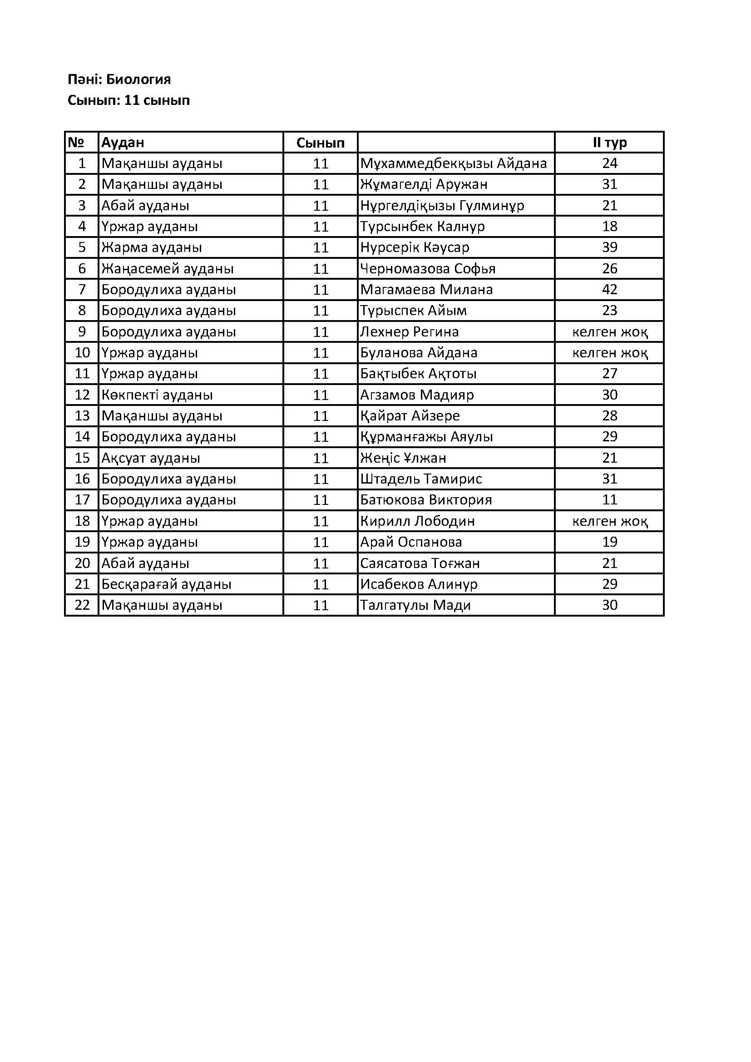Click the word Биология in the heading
138,79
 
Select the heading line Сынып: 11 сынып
128,100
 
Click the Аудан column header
123,143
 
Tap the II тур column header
609,143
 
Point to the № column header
76,143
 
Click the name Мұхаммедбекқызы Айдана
453,163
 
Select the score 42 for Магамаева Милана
609,290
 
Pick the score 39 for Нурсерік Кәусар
609,247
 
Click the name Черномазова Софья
428,269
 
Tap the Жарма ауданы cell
152,247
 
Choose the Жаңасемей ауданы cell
168,269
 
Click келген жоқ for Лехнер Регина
609,331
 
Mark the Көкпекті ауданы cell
157,395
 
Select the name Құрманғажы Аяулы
426,437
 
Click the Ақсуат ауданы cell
151,458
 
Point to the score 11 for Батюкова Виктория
609,500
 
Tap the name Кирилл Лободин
417,521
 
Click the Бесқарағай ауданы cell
167,584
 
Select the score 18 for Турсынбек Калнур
609,227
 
